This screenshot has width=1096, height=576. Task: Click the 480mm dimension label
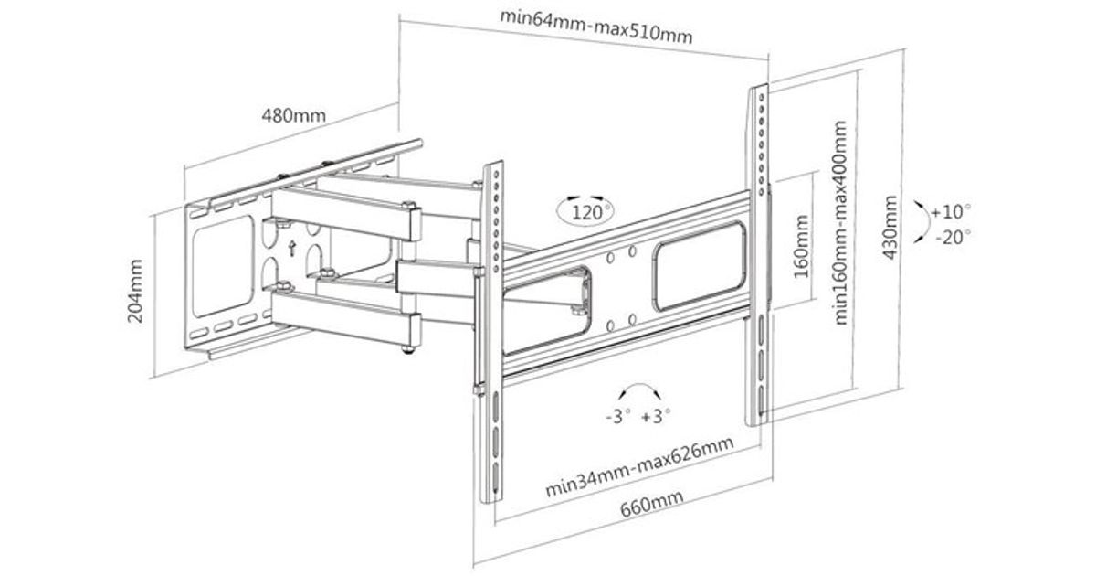pos(294,117)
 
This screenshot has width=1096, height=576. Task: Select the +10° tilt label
pos(953,212)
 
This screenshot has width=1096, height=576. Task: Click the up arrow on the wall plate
pos(291,247)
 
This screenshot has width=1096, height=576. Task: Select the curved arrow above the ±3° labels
pos(637,391)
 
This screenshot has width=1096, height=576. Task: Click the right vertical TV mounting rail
pos(760,256)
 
